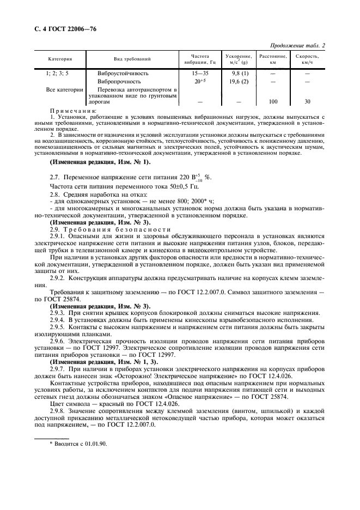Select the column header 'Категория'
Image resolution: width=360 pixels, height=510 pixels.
coord(60,59)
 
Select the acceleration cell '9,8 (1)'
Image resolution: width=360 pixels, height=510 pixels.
coord(240,73)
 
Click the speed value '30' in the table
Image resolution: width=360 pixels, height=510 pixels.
coord(307,101)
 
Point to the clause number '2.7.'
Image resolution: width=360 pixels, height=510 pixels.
coord(56,178)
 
